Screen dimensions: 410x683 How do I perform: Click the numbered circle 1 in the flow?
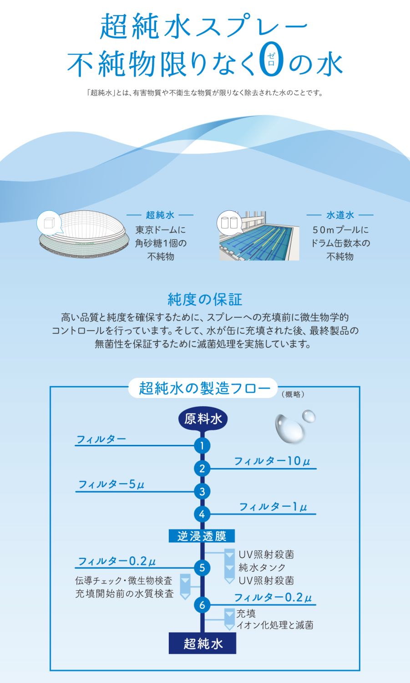[x=202, y=446]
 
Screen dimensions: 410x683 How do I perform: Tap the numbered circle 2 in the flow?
[x=202, y=469]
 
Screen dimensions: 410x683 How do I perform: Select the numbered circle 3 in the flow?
[x=202, y=491]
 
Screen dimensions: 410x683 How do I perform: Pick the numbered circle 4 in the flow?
[x=202, y=515]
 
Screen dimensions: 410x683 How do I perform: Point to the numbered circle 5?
[x=202, y=568]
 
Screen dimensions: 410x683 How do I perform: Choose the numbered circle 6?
[x=202, y=605]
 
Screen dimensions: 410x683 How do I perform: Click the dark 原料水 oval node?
[x=202, y=420]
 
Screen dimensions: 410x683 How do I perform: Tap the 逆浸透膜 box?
[x=202, y=536]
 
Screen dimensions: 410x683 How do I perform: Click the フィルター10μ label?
[x=272, y=461]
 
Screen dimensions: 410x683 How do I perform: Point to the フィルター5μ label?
[x=111, y=484]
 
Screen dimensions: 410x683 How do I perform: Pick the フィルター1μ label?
[x=273, y=507]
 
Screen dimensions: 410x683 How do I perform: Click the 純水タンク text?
[x=262, y=567]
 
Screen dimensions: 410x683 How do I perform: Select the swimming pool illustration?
[x=259, y=236]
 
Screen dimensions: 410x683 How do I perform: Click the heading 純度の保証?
[x=205, y=300]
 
